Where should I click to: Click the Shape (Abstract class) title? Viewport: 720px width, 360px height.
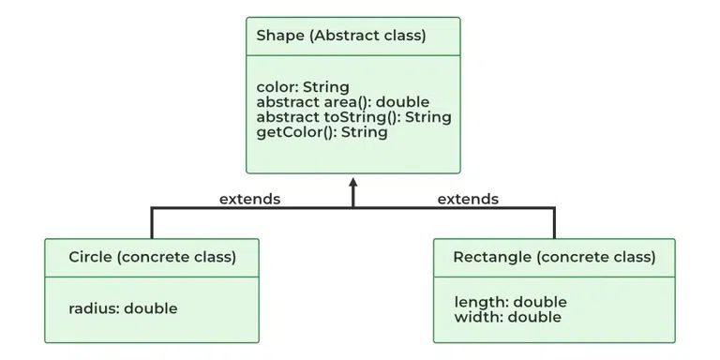click(x=340, y=37)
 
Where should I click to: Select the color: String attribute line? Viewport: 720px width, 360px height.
click(x=303, y=87)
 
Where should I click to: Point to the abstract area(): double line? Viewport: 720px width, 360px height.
click(x=342, y=102)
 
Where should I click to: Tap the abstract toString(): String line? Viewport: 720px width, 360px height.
click(x=353, y=117)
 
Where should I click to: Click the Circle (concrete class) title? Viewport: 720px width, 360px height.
click(x=152, y=256)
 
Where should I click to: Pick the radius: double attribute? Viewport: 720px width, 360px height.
click(x=123, y=307)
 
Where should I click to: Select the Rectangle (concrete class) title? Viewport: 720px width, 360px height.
click(x=553, y=256)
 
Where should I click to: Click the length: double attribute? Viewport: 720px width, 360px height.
click(x=510, y=302)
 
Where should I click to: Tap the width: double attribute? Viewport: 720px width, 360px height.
click(x=507, y=317)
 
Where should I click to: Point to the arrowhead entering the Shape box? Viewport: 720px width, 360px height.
click(x=353, y=182)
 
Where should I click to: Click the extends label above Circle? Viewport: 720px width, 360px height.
click(x=249, y=199)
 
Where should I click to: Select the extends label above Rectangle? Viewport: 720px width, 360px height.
click(x=468, y=199)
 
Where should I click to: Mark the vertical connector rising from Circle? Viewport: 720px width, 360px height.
click(x=152, y=223)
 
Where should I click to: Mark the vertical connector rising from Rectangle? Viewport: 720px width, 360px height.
click(x=554, y=223)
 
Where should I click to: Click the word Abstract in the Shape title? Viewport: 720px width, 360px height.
click(x=336, y=37)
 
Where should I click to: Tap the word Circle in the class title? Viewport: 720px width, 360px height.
click(x=90, y=256)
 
